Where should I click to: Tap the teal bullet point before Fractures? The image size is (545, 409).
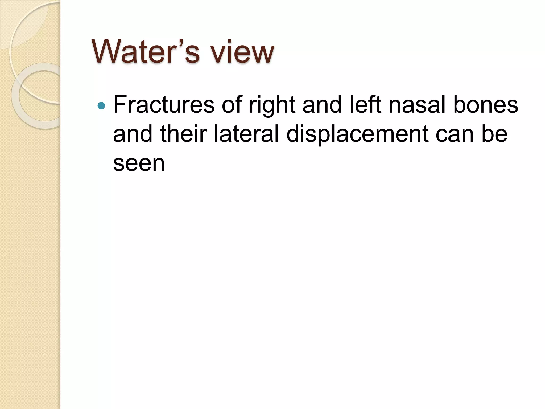[101, 106]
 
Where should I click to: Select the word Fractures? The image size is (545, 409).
[164, 105]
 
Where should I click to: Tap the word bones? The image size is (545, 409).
[486, 105]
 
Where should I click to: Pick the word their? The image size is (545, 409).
[184, 134]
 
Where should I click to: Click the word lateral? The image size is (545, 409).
[246, 134]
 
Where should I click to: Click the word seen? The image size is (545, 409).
[139, 163]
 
